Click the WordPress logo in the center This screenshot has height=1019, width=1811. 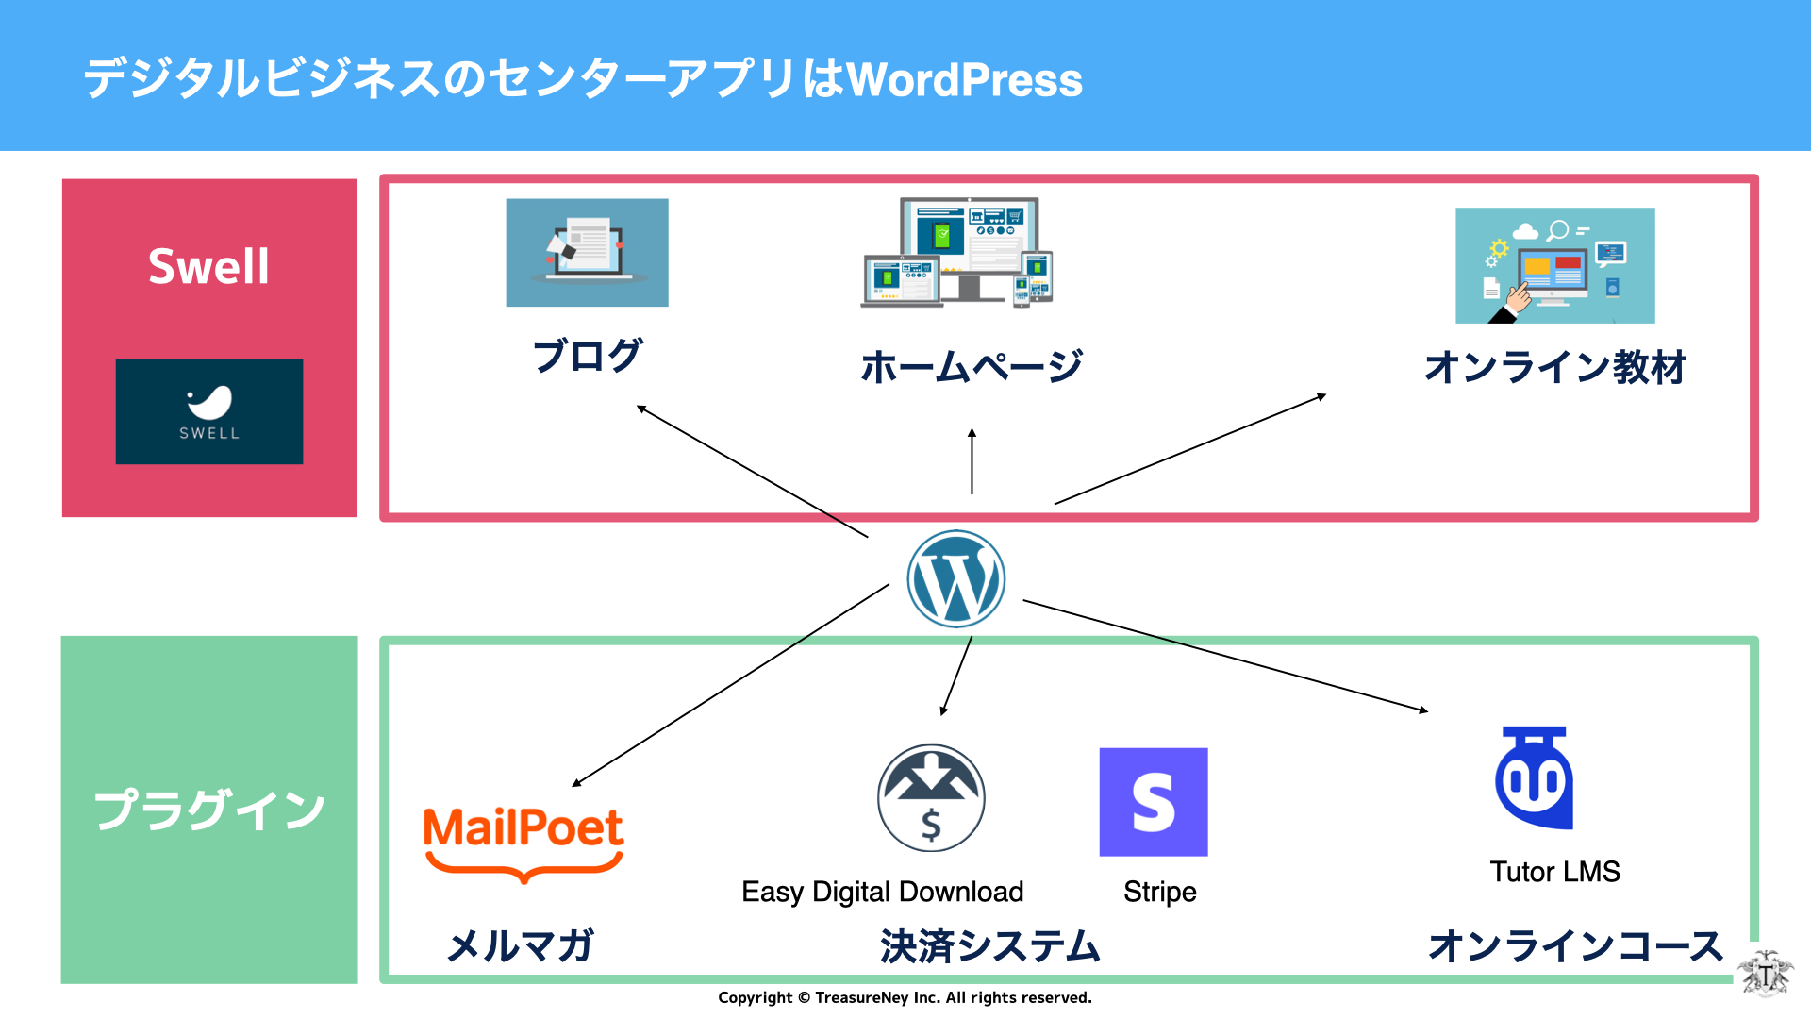pyautogui.click(x=955, y=578)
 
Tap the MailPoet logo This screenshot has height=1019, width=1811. pyautogui.click(x=523, y=843)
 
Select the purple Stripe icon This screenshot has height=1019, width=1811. pyautogui.click(x=1154, y=802)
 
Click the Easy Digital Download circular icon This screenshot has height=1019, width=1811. pyautogui.click(x=931, y=798)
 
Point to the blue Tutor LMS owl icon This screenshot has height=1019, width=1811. pyautogui.click(x=1535, y=777)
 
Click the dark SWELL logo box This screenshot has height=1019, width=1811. pyautogui.click(x=209, y=411)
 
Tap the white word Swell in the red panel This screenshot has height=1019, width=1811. pyautogui.click(x=208, y=266)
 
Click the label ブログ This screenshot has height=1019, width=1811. pyautogui.click(x=588, y=356)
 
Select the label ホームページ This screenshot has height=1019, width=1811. pyautogui.click(x=972, y=366)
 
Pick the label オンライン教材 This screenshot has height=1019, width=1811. pyautogui.click(x=1555, y=367)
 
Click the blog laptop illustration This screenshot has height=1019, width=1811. pyautogui.click(x=587, y=252)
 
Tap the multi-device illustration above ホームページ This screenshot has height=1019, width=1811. pyautogui.click(x=956, y=252)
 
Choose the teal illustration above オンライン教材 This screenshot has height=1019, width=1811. pyautogui.click(x=1555, y=265)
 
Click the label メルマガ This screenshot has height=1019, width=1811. pyautogui.click(x=521, y=945)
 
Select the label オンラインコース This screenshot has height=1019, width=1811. pyautogui.click(x=1576, y=945)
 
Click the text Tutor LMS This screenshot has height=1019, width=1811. pyautogui.click(x=1555, y=871)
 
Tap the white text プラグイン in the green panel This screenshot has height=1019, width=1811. pyautogui.click(x=209, y=810)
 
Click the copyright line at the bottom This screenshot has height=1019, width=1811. pyautogui.click(x=905, y=997)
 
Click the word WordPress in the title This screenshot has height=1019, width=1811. pyautogui.click(x=965, y=79)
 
